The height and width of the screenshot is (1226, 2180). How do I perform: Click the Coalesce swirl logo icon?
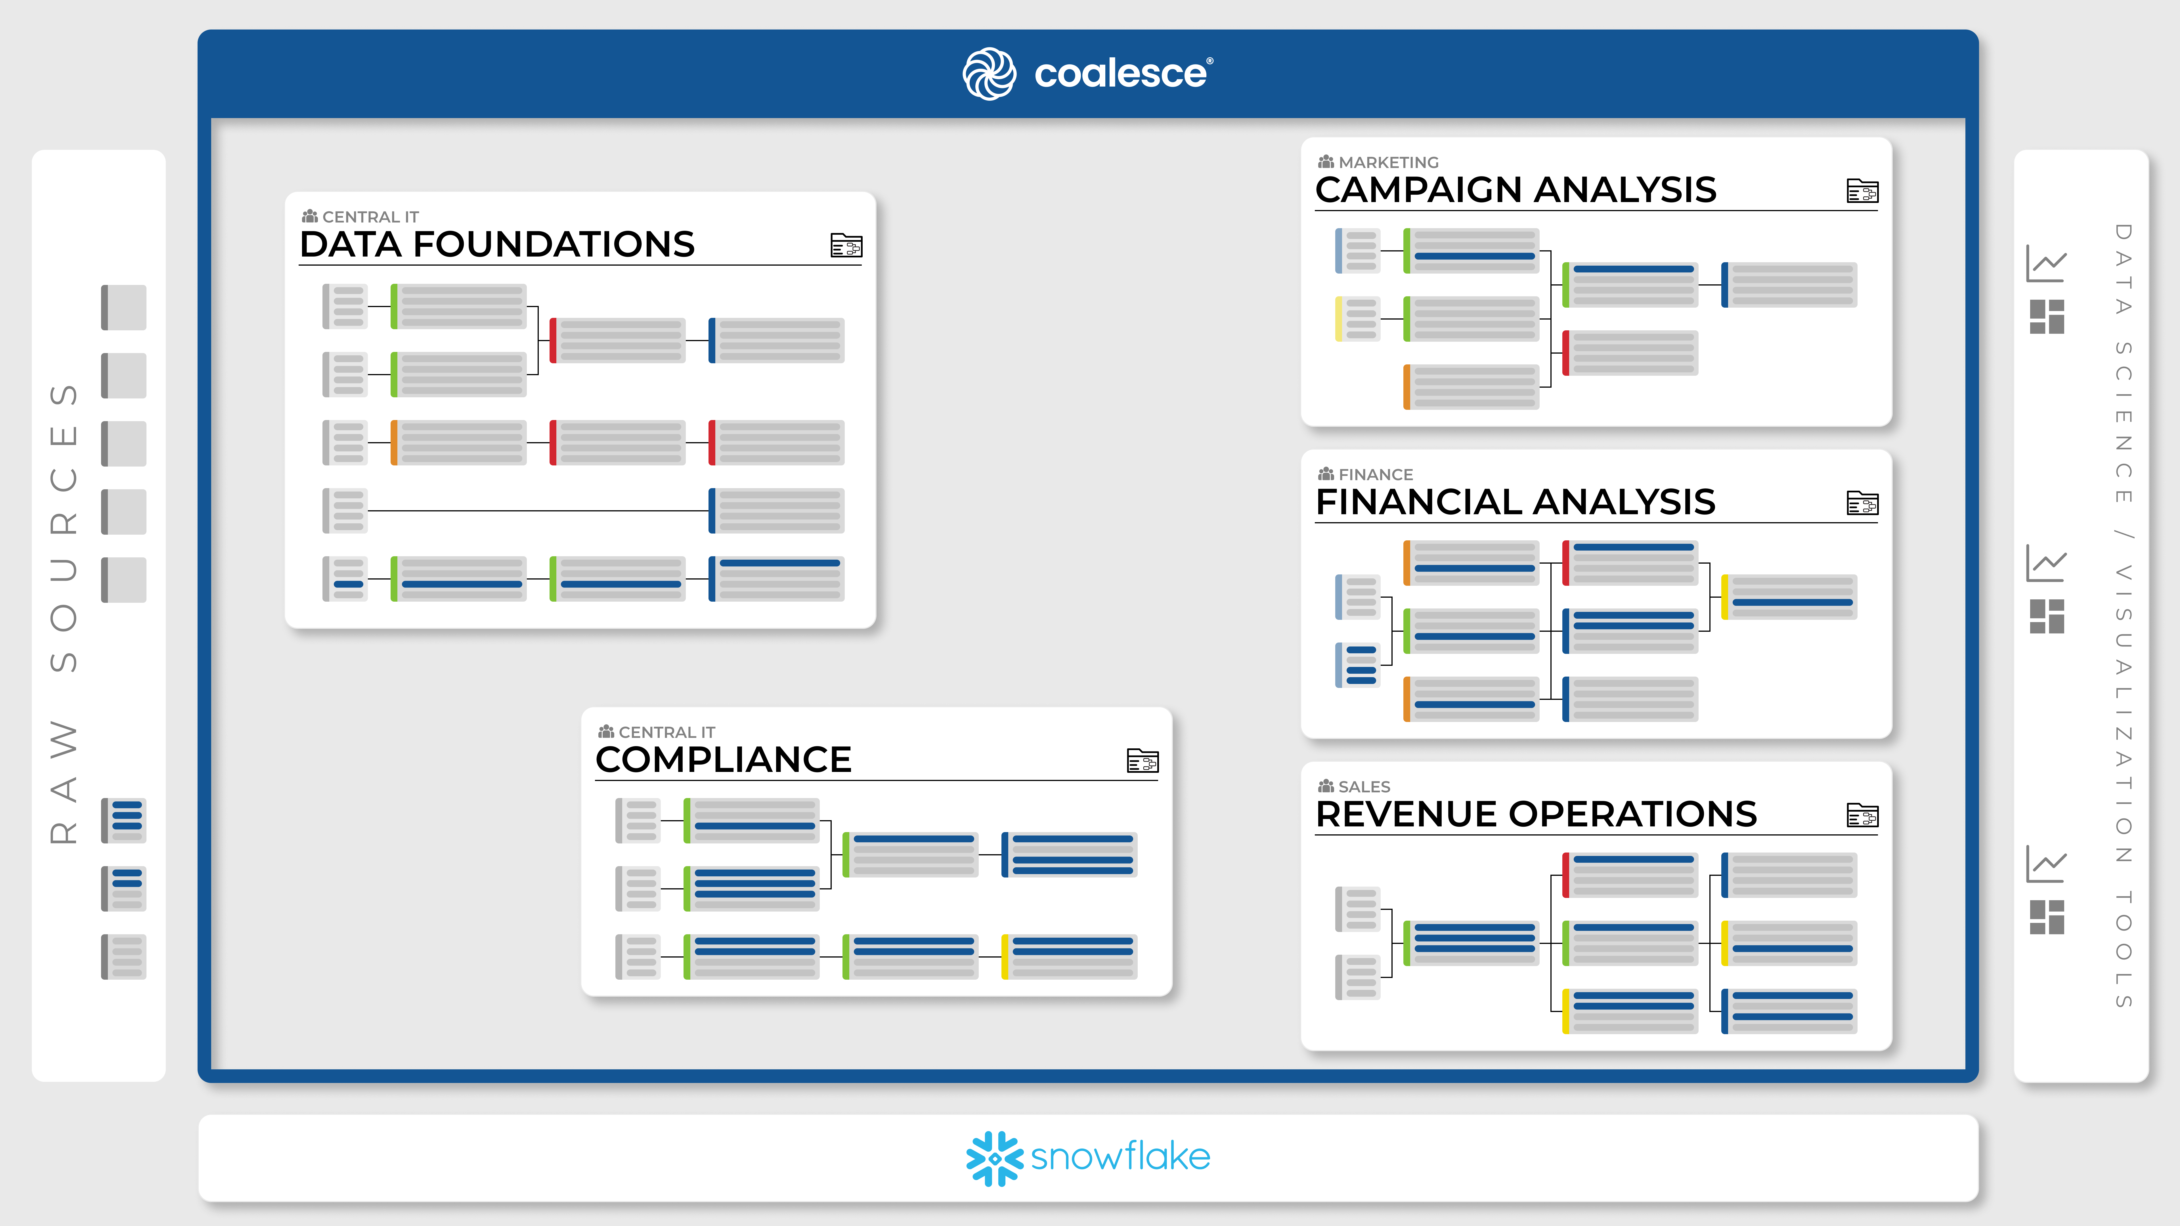pos(989,74)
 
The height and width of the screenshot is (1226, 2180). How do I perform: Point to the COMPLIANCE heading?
pos(724,760)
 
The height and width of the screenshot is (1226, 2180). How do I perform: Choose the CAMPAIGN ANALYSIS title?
pos(1516,190)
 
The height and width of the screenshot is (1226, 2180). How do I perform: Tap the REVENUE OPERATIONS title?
pos(1536,814)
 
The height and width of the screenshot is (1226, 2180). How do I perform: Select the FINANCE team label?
pos(1375,475)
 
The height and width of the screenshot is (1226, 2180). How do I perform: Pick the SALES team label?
pos(1364,787)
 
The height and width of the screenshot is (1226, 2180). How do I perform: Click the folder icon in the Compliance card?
pos(1143,761)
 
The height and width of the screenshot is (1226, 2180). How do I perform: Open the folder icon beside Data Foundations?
pos(846,245)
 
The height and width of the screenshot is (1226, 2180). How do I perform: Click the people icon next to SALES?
pos(1326,786)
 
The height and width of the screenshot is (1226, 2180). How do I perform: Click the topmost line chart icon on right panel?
pos(2046,264)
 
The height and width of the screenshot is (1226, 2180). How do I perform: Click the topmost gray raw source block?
pos(123,307)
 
